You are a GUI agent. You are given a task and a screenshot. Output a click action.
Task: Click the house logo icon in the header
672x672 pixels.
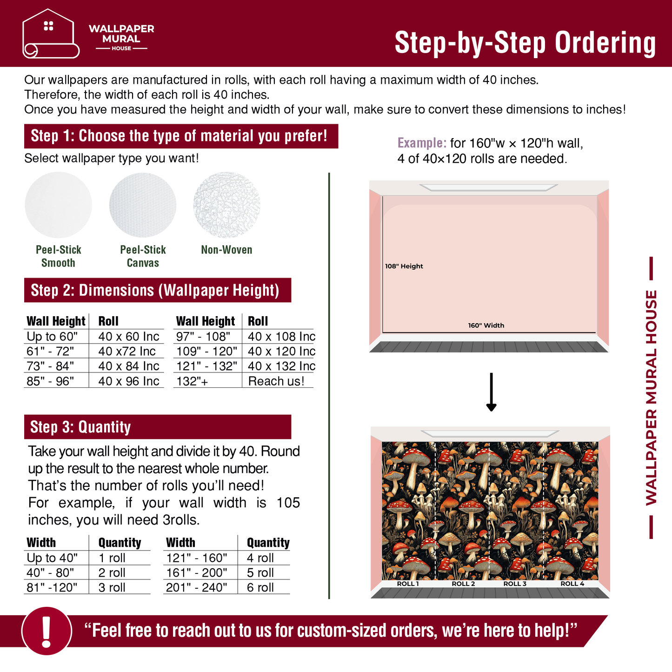[x=51, y=33]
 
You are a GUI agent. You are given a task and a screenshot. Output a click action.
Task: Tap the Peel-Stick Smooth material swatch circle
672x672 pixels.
[x=58, y=205]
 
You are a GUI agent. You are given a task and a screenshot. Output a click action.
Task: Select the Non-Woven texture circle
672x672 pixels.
[x=226, y=205]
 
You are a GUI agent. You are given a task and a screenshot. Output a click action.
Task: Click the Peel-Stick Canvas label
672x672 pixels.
[x=143, y=256]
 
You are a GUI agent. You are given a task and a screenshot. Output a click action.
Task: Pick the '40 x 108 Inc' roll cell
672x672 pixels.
[x=281, y=336]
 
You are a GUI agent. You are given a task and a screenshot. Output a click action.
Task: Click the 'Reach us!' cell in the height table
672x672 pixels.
[x=276, y=381]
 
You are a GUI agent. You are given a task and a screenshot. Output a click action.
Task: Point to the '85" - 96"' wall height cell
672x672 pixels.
[x=50, y=381]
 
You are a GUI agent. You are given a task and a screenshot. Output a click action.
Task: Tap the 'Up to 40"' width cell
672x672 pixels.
[x=52, y=558]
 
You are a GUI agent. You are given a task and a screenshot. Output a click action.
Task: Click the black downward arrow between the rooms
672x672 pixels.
[x=491, y=392]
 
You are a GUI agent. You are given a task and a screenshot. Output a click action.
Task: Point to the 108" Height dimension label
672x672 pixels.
[x=404, y=266]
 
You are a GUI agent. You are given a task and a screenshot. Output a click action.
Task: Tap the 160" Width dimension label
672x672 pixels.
[x=486, y=326]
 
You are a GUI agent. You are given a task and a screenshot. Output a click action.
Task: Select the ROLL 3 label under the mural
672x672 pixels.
[x=515, y=584]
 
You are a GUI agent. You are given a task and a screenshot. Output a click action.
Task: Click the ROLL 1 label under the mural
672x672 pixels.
[x=408, y=584]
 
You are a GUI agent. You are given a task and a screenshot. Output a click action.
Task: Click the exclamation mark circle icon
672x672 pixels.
[x=47, y=631]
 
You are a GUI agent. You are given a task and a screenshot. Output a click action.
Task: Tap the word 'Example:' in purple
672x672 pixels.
[x=422, y=143]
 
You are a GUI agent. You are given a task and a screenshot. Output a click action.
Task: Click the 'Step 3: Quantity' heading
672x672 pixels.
[x=80, y=427]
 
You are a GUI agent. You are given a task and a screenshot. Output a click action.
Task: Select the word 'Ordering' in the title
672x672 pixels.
[x=605, y=43]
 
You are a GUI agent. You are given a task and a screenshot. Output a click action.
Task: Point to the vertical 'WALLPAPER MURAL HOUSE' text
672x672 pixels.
[x=651, y=398]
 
